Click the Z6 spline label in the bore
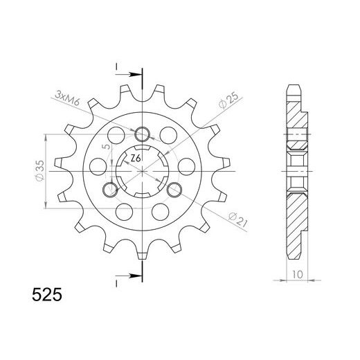136,159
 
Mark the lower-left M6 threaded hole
111,189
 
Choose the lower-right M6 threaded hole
174,189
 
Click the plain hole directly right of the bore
186,166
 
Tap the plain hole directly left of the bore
99,166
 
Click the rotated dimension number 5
105,147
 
